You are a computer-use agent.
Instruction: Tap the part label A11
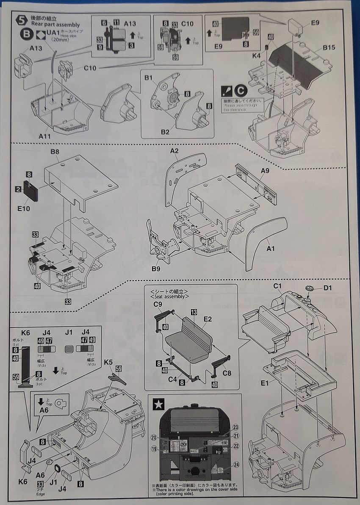coord(45,137)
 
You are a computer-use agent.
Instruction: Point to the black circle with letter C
coord(240,91)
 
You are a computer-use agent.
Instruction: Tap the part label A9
coord(265,170)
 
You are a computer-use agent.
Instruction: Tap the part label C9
coord(158,304)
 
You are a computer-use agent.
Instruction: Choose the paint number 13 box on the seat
coord(194,312)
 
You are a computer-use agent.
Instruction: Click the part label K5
coord(108,362)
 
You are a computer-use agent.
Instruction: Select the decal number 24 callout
coord(236,464)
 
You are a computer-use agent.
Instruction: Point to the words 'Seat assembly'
coord(168,297)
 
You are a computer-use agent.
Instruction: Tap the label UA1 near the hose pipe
coord(53,31)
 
